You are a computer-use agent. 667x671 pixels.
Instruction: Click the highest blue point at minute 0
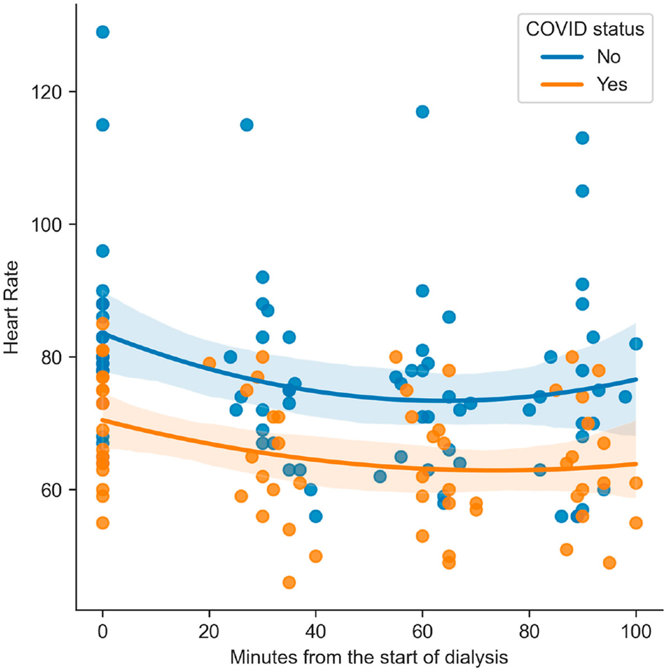102,32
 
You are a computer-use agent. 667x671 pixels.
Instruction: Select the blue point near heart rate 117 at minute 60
423,112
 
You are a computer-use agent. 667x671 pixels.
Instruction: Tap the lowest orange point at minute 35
289,583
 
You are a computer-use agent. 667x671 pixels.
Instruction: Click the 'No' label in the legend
608,57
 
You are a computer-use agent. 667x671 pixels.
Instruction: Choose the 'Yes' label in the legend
612,84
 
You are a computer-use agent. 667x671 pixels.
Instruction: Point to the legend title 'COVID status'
585,29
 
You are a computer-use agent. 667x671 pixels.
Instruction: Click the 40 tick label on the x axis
316,631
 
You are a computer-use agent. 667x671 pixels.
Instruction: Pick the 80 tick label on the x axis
529,631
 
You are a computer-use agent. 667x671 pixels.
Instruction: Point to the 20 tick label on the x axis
209,631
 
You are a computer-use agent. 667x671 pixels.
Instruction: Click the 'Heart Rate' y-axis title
12,307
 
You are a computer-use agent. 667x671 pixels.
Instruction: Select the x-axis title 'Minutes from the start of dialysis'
369,656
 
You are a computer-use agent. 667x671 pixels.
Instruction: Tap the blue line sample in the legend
562,57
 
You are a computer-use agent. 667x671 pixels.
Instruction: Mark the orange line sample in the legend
562,84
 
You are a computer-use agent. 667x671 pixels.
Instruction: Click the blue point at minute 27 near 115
247,125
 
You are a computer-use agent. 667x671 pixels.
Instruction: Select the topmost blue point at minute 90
582,138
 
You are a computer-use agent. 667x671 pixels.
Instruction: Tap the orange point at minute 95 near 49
609,563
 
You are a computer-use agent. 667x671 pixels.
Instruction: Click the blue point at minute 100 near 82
636,344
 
